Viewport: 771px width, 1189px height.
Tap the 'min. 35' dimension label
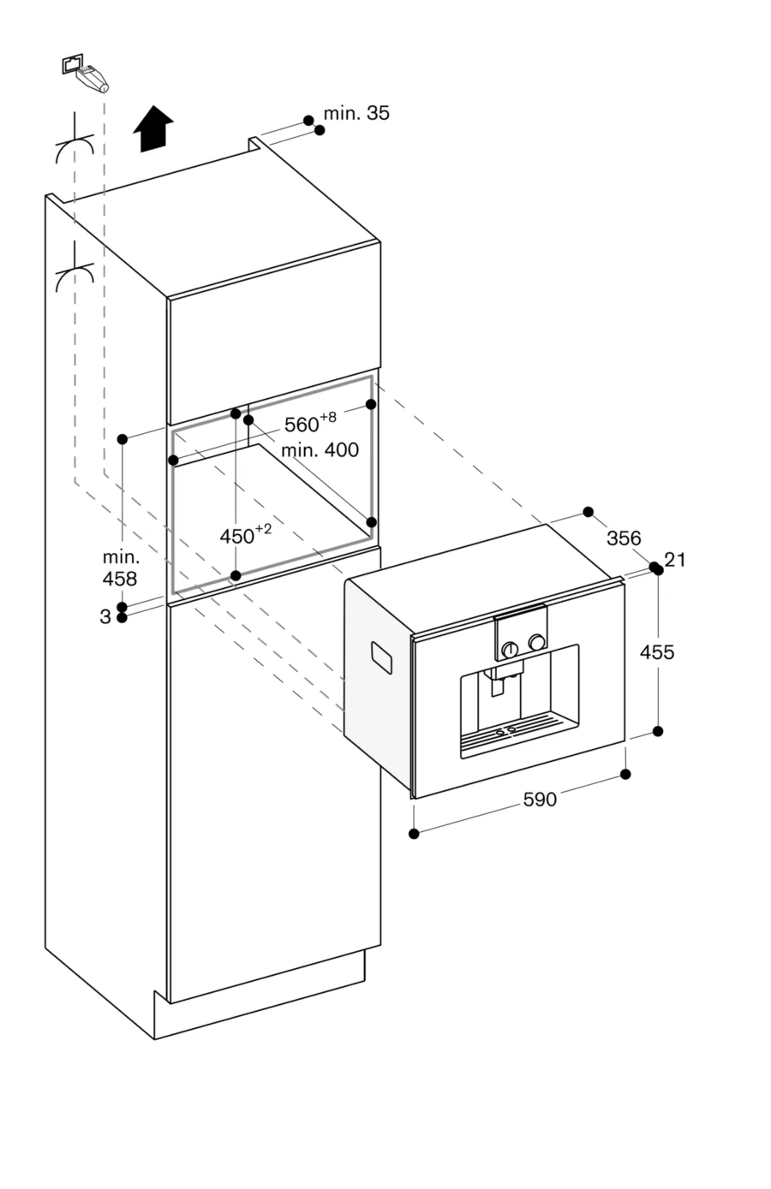click(356, 113)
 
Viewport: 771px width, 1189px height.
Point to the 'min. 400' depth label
click(320, 449)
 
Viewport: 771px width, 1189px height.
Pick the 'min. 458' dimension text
click(120, 568)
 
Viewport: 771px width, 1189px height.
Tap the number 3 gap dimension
click(105, 616)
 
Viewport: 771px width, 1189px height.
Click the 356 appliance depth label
click(623, 538)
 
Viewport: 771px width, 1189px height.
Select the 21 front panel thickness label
click(675, 560)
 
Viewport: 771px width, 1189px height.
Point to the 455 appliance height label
click(657, 652)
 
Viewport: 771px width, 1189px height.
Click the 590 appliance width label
click(540, 800)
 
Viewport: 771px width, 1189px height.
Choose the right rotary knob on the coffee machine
click(537, 642)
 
